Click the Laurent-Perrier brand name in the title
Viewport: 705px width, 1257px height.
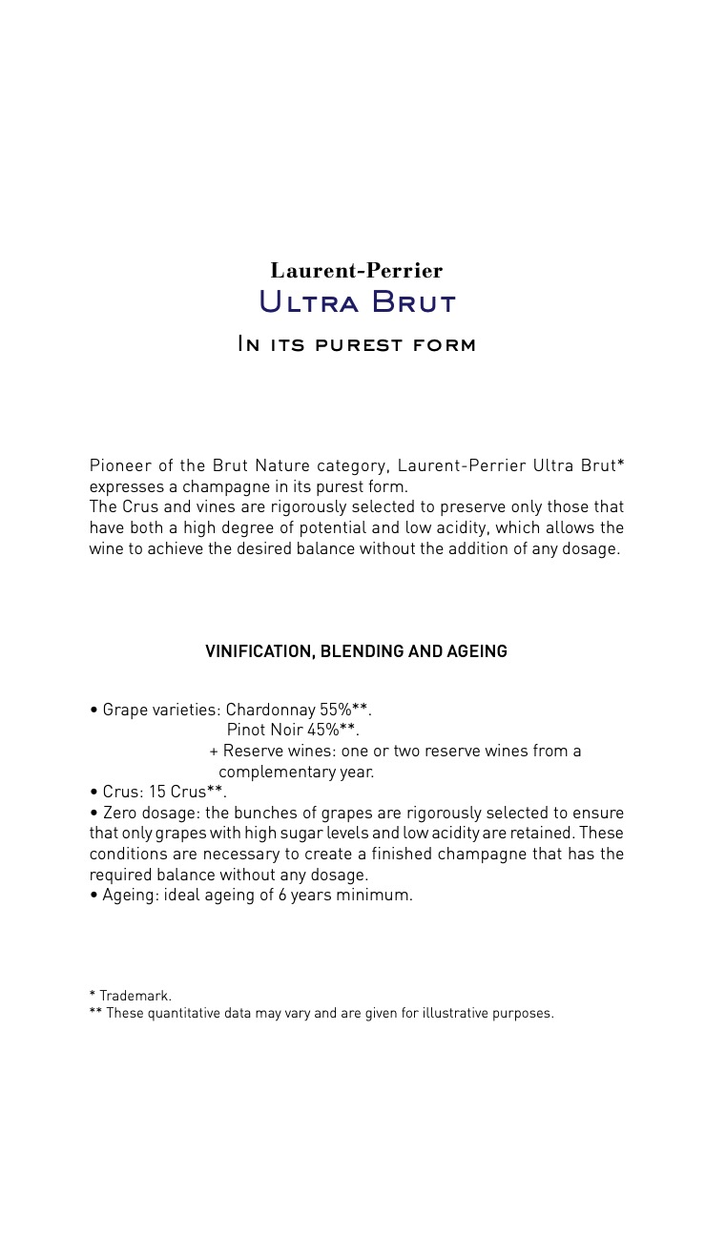(356, 271)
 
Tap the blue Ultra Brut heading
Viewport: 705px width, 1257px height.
(357, 302)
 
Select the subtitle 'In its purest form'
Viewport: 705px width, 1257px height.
(356, 344)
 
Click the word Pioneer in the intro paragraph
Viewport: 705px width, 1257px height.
(119, 465)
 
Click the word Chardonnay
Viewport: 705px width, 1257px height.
(270, 710)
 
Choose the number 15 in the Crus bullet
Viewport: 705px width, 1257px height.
(156, 793)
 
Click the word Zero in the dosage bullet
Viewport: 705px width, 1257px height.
(121, 813)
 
